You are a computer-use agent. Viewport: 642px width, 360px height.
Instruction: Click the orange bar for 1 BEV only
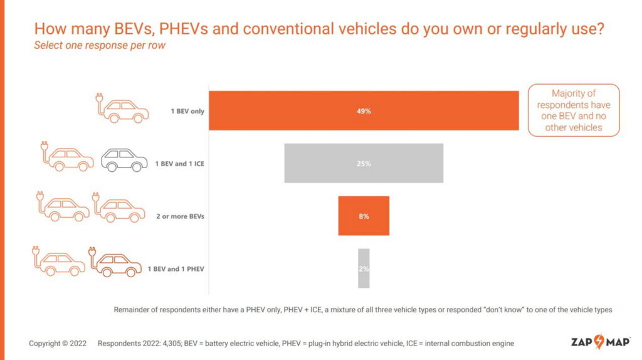[x=364, y=111]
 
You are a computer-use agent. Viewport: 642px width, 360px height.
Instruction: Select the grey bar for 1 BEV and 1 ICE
[x=364, y=163]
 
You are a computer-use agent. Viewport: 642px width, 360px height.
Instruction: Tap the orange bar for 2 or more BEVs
[x=364, y=216]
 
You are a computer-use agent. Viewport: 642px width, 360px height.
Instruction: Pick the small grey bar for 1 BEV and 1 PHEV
[x=364, y=268]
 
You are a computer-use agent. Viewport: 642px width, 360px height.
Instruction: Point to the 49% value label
[x=364, y=111]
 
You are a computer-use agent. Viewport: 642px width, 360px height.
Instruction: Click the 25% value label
[x=364, y=164]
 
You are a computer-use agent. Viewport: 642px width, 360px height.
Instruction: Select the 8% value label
[x=364, y=216]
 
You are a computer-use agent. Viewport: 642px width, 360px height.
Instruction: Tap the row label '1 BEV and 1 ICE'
[x=180, y=164]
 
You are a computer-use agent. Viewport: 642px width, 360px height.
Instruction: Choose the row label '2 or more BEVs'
[x=181, y=216]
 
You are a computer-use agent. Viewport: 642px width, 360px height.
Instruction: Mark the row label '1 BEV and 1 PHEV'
[x=176, y=269]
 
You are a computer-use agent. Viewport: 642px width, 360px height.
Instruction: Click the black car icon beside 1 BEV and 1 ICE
[x=124, y=160]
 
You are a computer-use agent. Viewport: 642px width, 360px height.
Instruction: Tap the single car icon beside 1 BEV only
[x=123, y=109]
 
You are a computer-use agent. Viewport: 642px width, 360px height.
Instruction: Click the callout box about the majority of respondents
[x=573, y=110]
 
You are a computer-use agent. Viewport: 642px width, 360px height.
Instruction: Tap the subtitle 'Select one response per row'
[x=100, y=46]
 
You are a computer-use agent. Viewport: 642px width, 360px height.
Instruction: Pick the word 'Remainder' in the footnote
[x=134, y=310]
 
